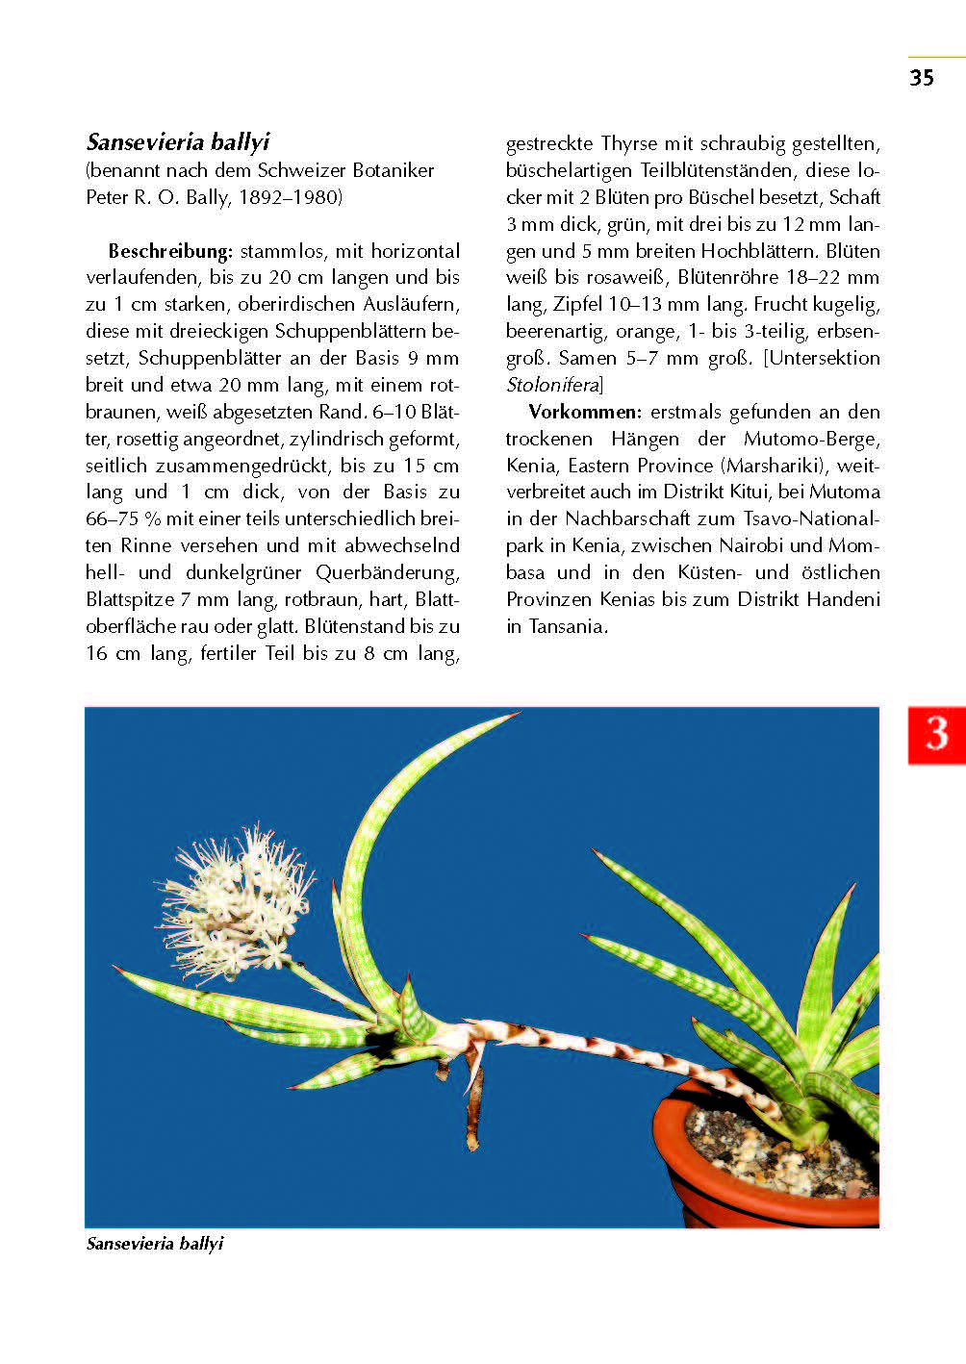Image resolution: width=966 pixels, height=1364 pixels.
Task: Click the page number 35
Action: point(921,78)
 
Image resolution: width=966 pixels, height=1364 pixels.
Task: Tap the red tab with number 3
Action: point(936,735)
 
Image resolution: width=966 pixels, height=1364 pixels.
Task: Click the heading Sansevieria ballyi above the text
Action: point(178,142)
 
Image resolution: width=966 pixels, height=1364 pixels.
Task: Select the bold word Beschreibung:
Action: point(170,251)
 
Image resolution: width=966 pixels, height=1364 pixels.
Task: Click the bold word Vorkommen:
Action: point(585,412)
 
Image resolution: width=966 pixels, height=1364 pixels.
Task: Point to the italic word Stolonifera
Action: point(552,385)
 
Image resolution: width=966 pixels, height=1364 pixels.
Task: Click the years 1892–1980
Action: point(289,197)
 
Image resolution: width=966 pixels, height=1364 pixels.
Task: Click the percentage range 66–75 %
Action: point(123,518)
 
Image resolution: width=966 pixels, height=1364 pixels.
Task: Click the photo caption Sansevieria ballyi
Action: point(155,1244)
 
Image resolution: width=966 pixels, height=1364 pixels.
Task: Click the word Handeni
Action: point(843,599)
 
